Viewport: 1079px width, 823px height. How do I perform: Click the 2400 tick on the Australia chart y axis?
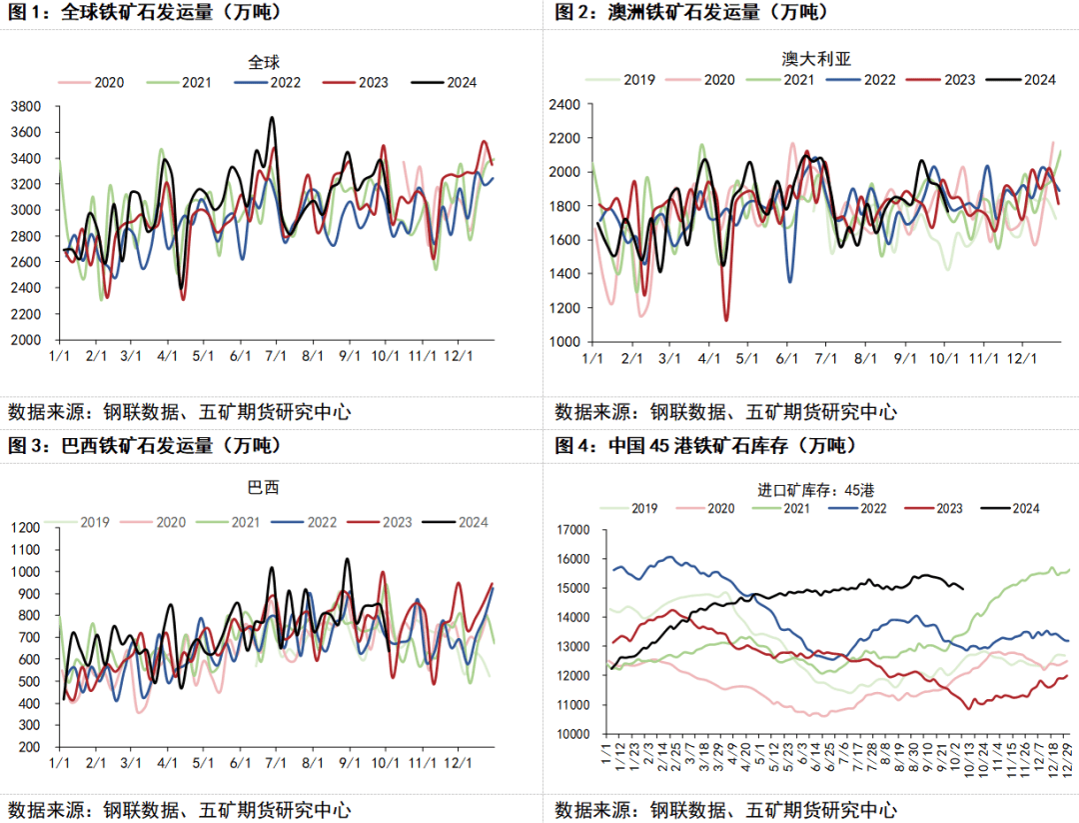pos(566,104)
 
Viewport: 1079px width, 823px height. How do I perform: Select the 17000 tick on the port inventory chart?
pos(572,530)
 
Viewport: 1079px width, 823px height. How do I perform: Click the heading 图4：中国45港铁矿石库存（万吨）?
pos(706,445)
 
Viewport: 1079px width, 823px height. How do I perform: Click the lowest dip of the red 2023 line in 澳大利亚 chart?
pos(725,319)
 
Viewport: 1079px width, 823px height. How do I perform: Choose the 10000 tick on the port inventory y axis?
pos(572,734)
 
